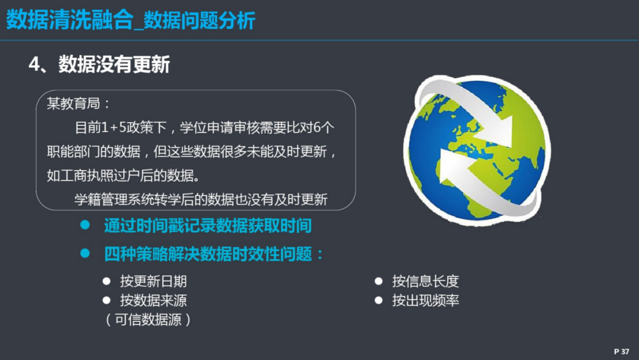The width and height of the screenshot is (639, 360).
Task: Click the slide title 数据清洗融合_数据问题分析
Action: click(x=131, y=20)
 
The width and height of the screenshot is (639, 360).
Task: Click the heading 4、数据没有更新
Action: click(x=99, y=65)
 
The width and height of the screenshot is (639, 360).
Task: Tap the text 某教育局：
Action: click(x=79, y=104)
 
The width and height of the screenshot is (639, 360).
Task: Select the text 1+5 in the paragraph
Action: click(x=113, y=128)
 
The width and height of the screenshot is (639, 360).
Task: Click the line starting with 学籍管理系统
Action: click(x=201, y=200)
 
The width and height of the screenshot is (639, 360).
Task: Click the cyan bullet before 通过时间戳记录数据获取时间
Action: click(x=85, y=224)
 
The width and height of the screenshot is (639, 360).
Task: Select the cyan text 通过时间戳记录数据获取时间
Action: click(x=208, y=226)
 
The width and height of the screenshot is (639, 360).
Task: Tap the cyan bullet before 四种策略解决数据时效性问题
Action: click(x=85, y=253)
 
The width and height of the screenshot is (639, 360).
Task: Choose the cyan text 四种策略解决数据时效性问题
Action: click(x=214, y=254)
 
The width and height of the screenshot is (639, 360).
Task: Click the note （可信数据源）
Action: click(x=147, y=320)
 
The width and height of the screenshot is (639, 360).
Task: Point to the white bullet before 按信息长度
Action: click(x=379, y=281)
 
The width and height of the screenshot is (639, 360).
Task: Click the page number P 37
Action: click(x=621, y=351)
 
